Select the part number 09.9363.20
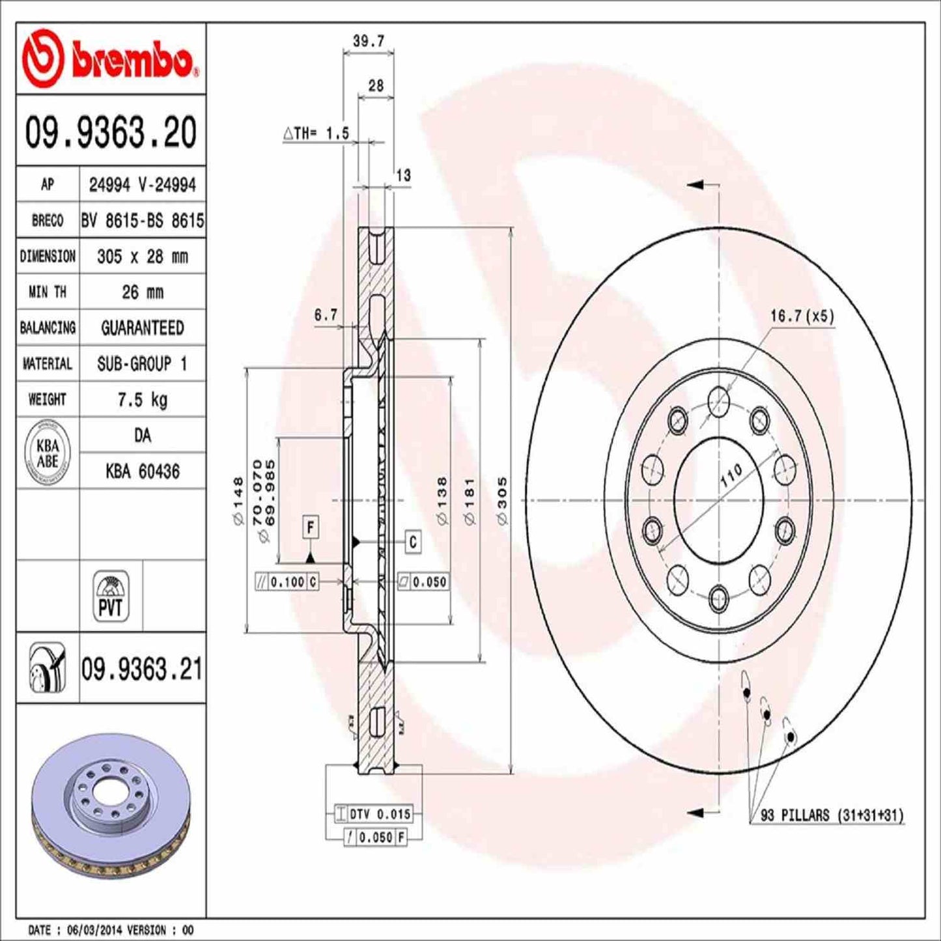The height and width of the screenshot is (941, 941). tap(111, 132)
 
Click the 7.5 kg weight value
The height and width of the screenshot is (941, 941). tap(142, 399)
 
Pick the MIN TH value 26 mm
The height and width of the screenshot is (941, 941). tap(142, 292)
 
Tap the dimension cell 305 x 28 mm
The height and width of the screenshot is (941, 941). tap(142, 257)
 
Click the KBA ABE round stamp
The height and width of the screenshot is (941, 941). tap(48, 453)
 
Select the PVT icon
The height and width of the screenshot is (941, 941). tap(111, 596)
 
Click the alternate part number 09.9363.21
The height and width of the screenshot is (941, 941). tap(141, 669)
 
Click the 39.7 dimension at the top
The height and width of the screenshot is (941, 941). tap(369, 41)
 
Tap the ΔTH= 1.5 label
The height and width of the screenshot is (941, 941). tap(316, 133)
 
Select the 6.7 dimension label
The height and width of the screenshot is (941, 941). tap(326, 315)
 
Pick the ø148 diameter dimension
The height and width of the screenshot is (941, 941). tap(238, 501)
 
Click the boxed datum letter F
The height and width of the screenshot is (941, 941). tap(311, 527)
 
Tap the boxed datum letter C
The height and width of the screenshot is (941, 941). tap(413, 542)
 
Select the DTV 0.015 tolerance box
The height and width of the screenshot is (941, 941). tap(373, 814)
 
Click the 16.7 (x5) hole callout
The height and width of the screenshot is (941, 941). tap(802, 316)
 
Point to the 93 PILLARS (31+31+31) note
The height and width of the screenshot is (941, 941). tap(832, 815)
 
